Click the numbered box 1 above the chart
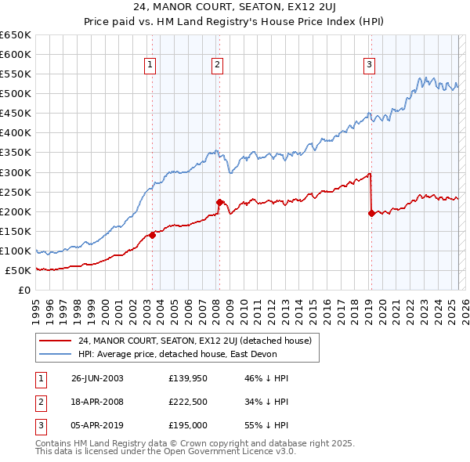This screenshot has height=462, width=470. (150, 65)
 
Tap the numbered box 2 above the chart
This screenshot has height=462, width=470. (217, 65)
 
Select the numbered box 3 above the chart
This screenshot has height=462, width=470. (369, 65)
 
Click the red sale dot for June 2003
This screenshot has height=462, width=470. (153, 235)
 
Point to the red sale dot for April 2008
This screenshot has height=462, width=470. (219, 202)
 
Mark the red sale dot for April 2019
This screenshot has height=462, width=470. (371, 213)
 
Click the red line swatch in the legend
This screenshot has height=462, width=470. (56, 341)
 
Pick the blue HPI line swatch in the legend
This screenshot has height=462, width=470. (56, 354)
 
